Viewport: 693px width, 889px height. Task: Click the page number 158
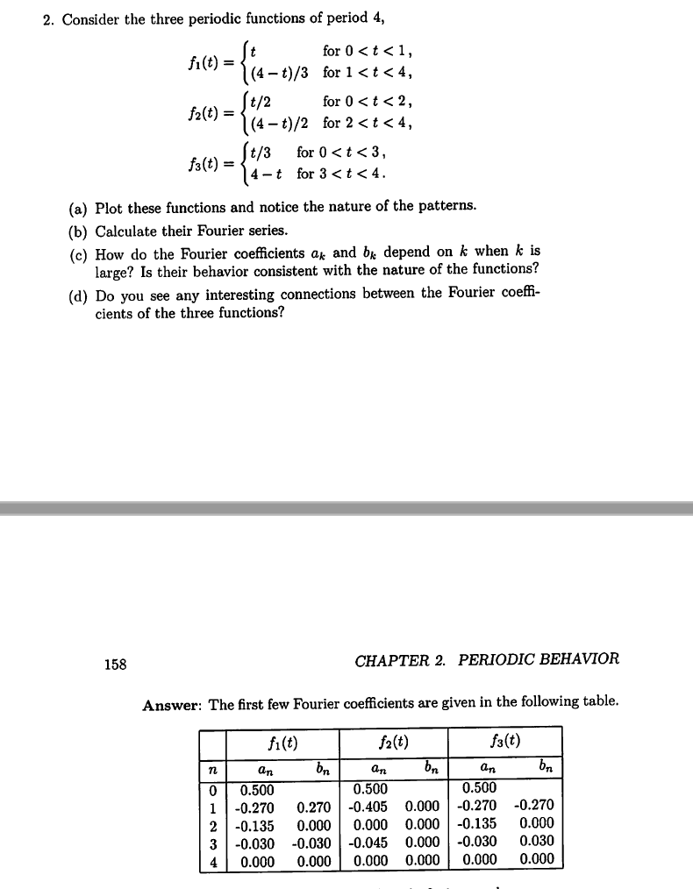coord(115,664)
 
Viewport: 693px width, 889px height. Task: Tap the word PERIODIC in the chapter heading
coord(501,659)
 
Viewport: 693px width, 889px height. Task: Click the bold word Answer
coord(172,702)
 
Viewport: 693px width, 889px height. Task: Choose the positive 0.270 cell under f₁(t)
coord(314,806)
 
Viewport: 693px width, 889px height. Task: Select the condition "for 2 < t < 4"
coord(366,122)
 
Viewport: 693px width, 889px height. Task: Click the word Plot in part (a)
coord(108,207)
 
